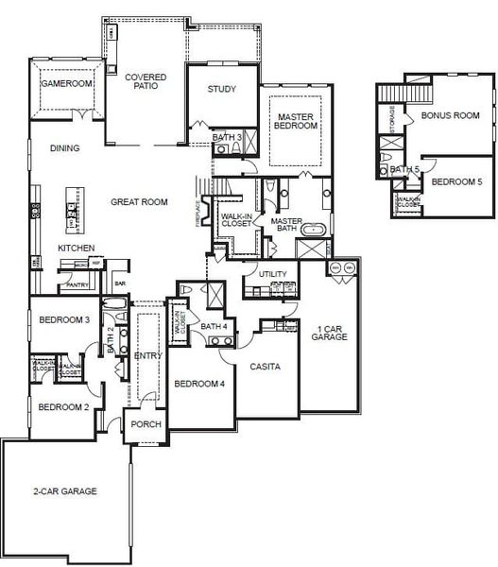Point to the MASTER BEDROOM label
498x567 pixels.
pyautogui.click(x=294, y=121)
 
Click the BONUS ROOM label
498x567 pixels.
pyautogui.click(x=450, y=115)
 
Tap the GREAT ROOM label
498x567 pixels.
pyautogui.click(x=139, y=201)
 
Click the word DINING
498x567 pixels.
pyautogui.click(x=64, y=148)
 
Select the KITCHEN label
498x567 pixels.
pyautogui.click(x=76, y=249)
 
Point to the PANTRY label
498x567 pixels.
pyautogui.click(x=76, y=283)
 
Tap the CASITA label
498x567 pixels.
pyautogui.click(x=264, y=365)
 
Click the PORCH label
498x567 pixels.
pyautogui.click(x=145, y=424)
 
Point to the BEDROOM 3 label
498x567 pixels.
pyautogui.click(x=64, y=320)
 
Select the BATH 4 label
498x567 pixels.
pyautogui.click(x=213, y=326)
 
